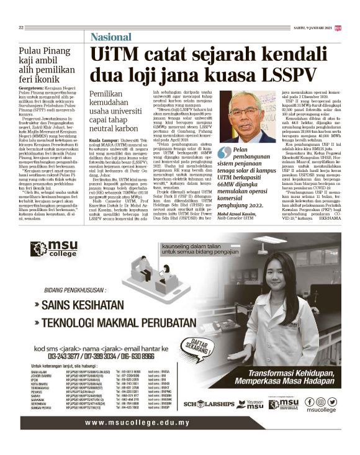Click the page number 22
click(21, 27)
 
